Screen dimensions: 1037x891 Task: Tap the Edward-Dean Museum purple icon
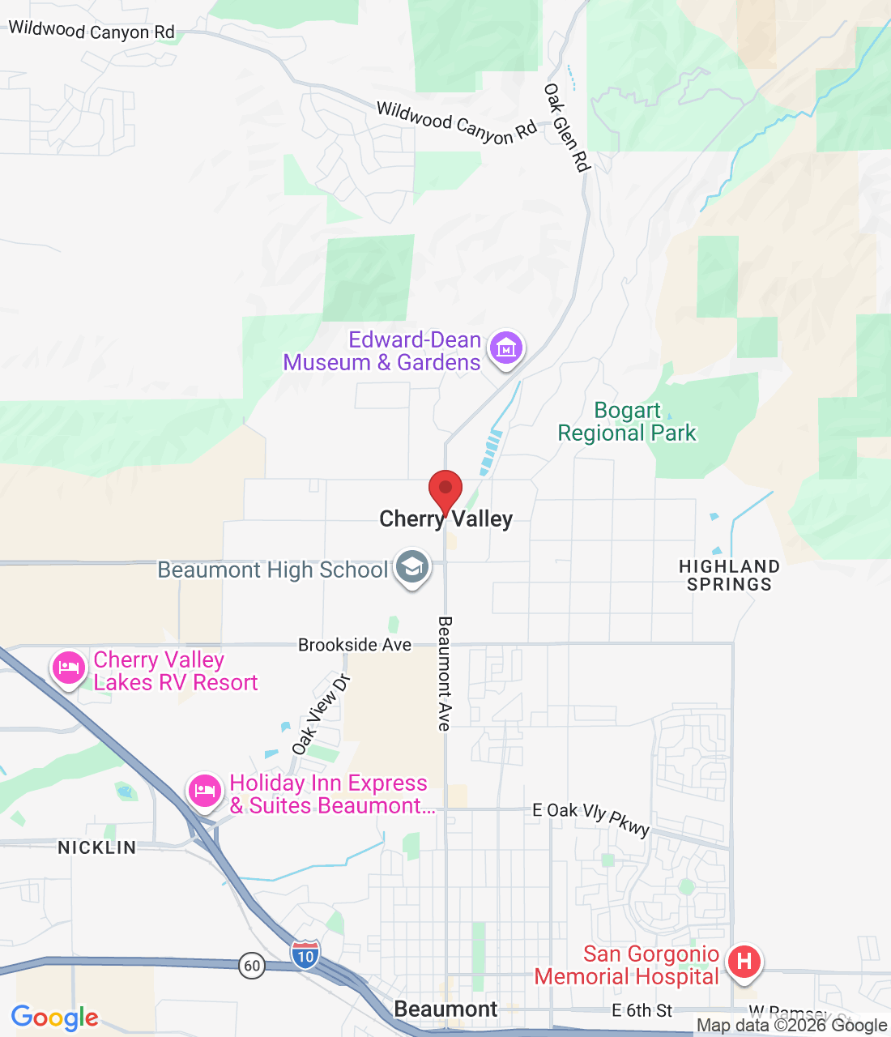tap(506, 349)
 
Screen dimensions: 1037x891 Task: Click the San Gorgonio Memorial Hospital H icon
tap(744, 962)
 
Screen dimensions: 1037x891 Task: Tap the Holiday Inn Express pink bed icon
tap(204, 791)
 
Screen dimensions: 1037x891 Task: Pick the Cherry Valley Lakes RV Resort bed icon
tap(69, 668)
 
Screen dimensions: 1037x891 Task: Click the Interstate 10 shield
tap(305, 954)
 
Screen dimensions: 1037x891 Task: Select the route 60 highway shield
tap(252, 965)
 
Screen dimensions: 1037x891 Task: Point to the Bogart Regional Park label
tap(627, 422)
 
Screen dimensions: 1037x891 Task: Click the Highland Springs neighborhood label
tap(729, 575)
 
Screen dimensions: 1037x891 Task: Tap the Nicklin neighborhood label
tap(97, 847)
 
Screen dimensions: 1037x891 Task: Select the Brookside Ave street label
tap(355, 645)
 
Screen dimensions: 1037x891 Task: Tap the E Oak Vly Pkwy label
tap(591, 817)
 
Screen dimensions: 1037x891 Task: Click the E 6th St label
tap(642, 1010)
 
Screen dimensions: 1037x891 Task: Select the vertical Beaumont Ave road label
tap(445, 674)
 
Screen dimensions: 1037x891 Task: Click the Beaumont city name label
tap(446, 1009)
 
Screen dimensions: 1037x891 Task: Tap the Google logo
tap(54, 1018)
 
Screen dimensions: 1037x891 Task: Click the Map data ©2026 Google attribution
tap(791, 1026)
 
